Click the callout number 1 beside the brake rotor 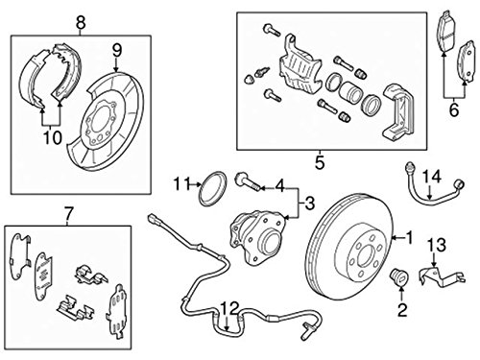pyautogui.click(x=409, y=238)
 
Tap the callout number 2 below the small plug pyautogui.click(x=402, y=310)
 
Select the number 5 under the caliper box pyautogui.click(x=320, y=163)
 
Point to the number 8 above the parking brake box pyautogui.click(x=81, y=23)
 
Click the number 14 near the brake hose pyautogui.click(x=432, y=178)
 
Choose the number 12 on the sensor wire pyautogui.click(x=229, y=308)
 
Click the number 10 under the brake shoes pyautogui.click(x=52, y=138)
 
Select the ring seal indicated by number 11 pyautogui.click(x=213, y=189)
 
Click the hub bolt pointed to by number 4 pyautogui.click(x=247, y=182)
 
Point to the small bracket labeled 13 pyautogui.click(x=443, y=276)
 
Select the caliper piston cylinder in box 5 pyautogui.click(x=350, y=91)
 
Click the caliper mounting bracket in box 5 pyautogui.click(x=397, y=112)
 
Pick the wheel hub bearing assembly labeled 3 pyautogui.click(x=256, y=235)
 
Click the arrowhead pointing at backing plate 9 pyautogui.click(x=116, y=69)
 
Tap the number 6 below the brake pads pyautogui.click(x=454, y=110)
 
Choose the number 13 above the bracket pyautogui.click(x=437, y=245)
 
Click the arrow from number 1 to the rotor pyautogui.click(x=398, y=238)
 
